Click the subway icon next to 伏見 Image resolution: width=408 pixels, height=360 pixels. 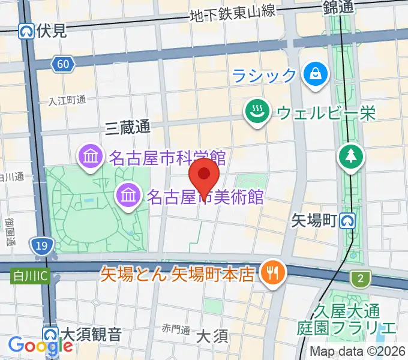[x=26, y=31]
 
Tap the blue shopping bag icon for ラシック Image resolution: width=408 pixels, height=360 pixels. [x=314, y=75]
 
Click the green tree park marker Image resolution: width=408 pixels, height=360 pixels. [x=349, y=157]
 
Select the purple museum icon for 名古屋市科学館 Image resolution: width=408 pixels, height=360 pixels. [x=91, y=158]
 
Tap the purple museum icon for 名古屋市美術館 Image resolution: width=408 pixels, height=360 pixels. [x=128, y=194]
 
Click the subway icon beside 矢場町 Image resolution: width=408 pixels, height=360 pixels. [x=346, y=221]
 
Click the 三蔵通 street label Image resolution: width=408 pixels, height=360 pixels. [x=127, y=127]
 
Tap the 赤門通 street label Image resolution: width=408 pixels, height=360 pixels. [x=175, y=330]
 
